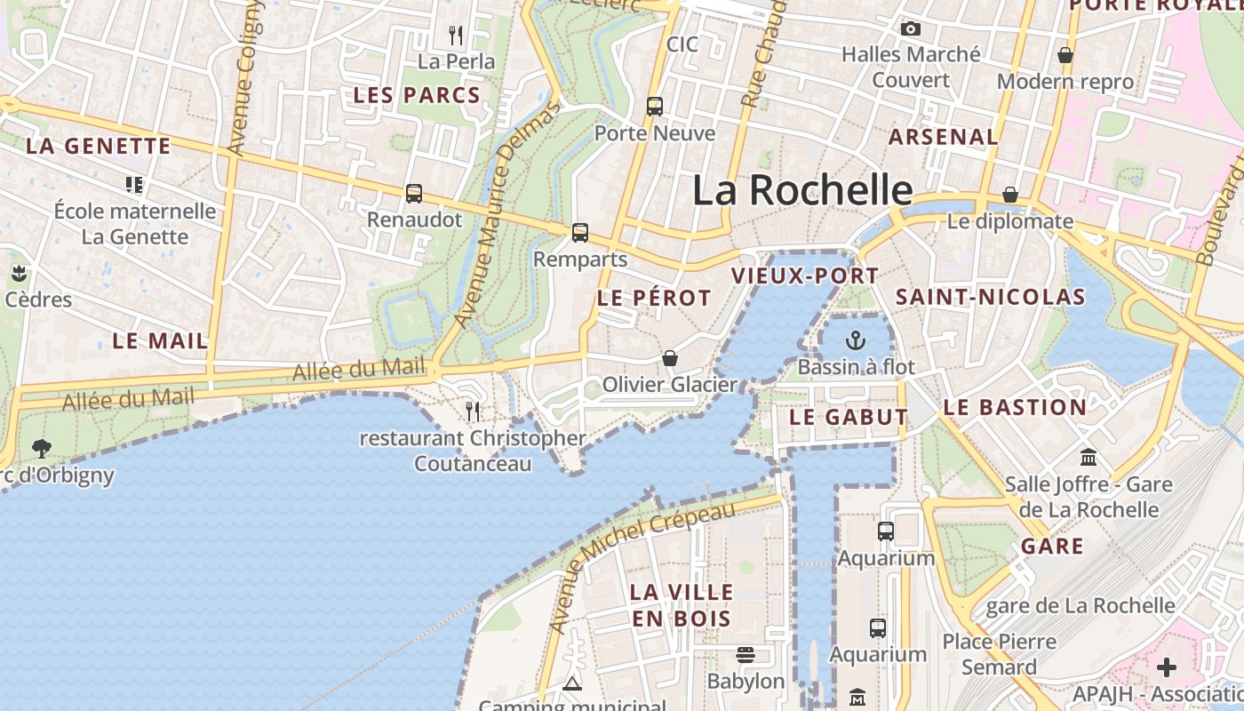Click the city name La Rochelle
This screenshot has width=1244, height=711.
pos(801,190)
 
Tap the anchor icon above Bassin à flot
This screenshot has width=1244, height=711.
pos(855,340)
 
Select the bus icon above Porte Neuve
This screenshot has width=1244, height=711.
pos(655,107)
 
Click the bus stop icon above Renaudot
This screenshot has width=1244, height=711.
pos(414,193)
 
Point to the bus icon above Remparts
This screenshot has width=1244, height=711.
pos(580,233)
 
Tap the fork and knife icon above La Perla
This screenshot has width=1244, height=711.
pos(456,36)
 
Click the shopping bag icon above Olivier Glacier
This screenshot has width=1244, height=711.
pos(670,358)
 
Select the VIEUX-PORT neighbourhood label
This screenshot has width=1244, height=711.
pos(805,276)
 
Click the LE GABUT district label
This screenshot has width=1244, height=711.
pos(849,417)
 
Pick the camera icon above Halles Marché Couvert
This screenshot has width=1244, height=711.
pos(910,29)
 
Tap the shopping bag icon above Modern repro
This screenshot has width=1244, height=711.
pos(1065,56)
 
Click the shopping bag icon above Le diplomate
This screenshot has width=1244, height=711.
pos(1010,195)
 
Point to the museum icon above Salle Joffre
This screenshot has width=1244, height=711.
pos(1088,458)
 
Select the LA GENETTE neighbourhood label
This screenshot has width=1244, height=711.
pos(98,147)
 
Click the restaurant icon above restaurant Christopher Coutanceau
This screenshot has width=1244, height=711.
pos(473,411)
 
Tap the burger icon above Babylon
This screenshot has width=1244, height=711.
pos(746,655)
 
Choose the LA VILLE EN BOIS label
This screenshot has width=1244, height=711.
pos(682,605)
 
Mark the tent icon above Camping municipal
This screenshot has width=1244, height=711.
pos(572,683)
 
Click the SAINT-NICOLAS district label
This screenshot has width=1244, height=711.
pos(990,297)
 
